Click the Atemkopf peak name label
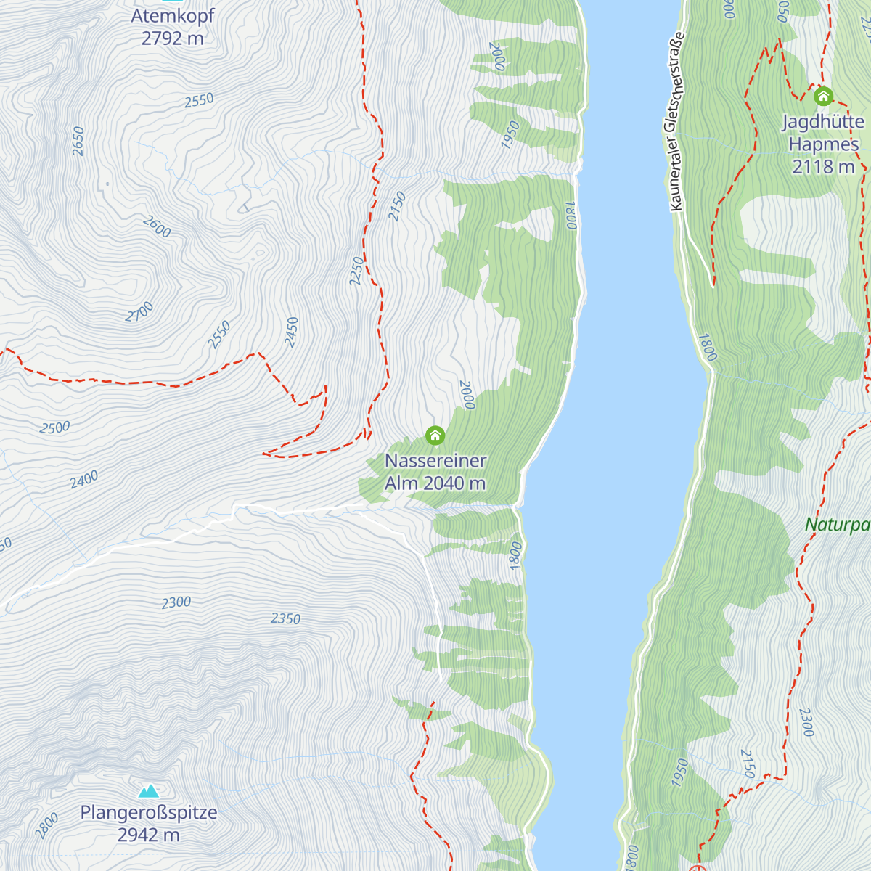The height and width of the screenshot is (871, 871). coord(173,15)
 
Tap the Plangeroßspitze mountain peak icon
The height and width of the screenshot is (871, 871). coord(149,790)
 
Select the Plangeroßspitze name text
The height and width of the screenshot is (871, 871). coord(149,812)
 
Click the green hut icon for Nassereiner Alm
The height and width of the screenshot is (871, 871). coord(435,435)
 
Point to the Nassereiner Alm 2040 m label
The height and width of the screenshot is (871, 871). coord(435,472)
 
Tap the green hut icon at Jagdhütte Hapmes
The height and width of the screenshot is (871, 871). coord(823,96)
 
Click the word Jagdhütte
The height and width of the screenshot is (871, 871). coord(823,121)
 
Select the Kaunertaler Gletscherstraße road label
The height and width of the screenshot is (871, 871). coord(676,122)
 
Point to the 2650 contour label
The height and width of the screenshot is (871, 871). coord(78,141)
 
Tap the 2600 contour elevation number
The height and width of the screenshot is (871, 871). coord(156,227)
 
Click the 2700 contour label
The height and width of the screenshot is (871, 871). coord(139,312)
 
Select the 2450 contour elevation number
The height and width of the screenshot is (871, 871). coord(292,332)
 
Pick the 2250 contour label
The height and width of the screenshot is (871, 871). coord(356,271)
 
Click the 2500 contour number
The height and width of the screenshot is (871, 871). coord(55,428)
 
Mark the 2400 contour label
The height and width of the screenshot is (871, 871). coord(84,479)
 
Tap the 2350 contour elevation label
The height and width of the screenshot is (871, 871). coord(285,618)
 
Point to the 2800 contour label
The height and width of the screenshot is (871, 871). coord(47,826)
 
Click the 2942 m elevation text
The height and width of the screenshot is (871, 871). coord(149,835)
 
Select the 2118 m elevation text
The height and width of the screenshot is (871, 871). coord(823,167)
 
